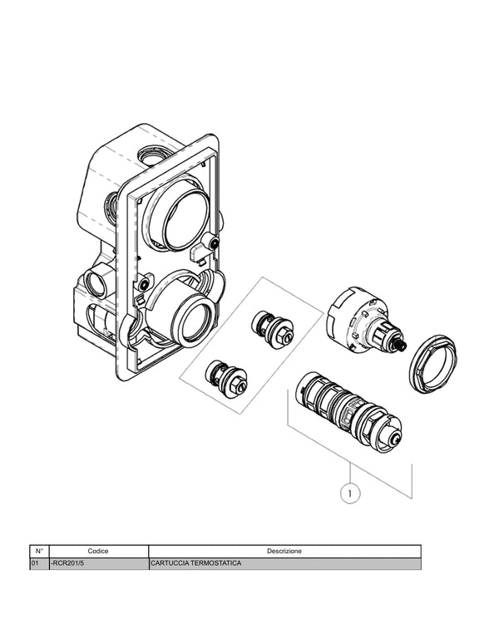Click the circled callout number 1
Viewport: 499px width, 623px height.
[350, 493]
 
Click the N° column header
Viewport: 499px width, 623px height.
[39, 551]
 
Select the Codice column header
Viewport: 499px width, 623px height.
[98, 551]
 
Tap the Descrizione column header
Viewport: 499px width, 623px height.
[284, 551]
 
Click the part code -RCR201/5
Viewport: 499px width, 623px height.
[67, 563]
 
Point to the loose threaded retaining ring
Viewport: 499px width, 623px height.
[433, 365]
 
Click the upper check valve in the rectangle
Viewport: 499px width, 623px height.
[273, 329]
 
